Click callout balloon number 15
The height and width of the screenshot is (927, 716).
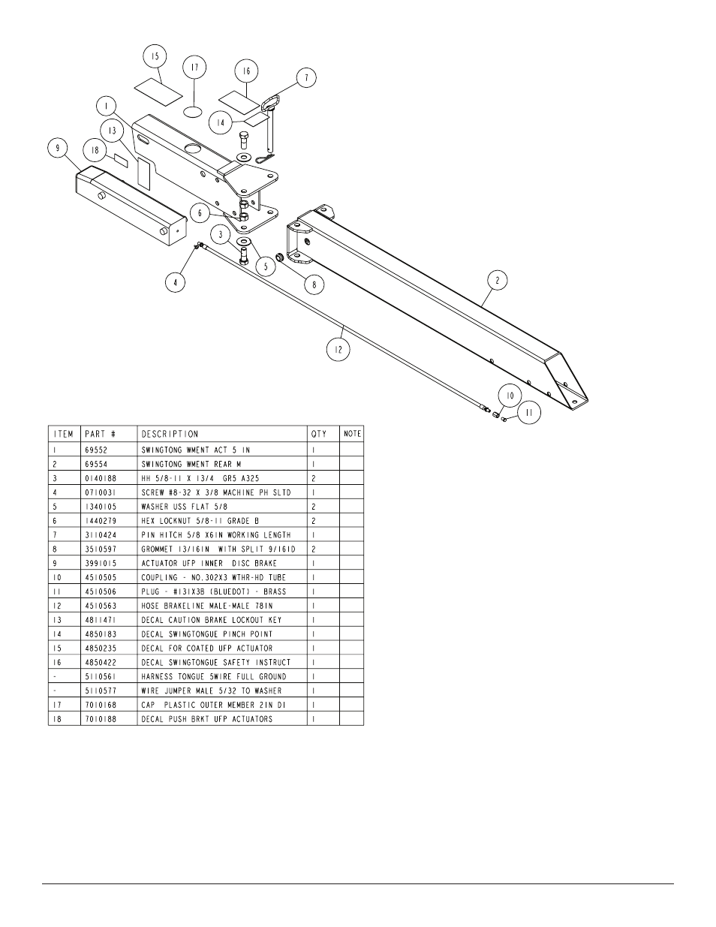[155, 56]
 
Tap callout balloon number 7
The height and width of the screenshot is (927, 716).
[306, 77]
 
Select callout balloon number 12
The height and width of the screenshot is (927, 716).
[338, 349]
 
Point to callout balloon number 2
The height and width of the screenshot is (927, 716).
[498, 280]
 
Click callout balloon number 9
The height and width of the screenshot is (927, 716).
[58, 148]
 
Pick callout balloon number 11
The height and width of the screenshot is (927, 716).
[529, 413]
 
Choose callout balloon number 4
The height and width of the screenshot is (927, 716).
[176, 282]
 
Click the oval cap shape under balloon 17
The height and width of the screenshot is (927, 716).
[194, 112]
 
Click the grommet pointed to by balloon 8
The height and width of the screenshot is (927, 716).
[281, 257]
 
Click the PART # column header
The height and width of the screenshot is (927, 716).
[101, 434]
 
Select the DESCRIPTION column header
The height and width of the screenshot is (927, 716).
[170, 434]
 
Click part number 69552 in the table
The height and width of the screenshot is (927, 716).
[96, 450]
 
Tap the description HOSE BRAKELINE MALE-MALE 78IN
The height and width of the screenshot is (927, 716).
[207, 606]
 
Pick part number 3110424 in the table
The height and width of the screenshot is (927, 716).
[101, 535]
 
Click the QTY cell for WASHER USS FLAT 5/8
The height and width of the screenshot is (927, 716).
[314, 507]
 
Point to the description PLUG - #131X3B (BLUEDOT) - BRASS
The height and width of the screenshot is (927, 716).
[214, 591]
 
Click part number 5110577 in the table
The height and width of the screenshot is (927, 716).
[101, 691]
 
